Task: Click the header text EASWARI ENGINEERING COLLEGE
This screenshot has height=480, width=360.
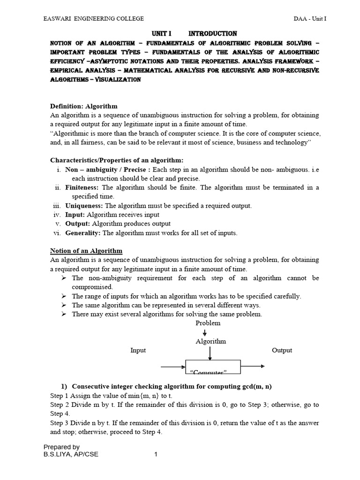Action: [x=94, y=18]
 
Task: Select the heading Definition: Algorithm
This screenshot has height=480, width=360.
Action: [x=83, y=106]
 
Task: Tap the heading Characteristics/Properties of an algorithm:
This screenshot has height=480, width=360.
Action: [x=117, y=161]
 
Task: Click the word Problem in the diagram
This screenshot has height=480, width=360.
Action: [x=208, y=323]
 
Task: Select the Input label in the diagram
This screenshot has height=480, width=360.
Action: [x=138, y=350]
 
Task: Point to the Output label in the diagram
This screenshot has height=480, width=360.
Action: [x=282, y=350]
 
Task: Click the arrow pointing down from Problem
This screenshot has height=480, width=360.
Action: [x=205, y=332]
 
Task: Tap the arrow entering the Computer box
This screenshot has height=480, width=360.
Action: [x=173, y=367]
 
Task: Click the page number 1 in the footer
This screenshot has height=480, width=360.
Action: [x=156, y=454]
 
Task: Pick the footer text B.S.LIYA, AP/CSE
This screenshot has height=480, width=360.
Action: [x=70, y=454]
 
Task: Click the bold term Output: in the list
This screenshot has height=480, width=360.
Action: [x=77, y=224]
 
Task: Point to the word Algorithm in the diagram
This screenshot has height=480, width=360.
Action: [x=210, y=341]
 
